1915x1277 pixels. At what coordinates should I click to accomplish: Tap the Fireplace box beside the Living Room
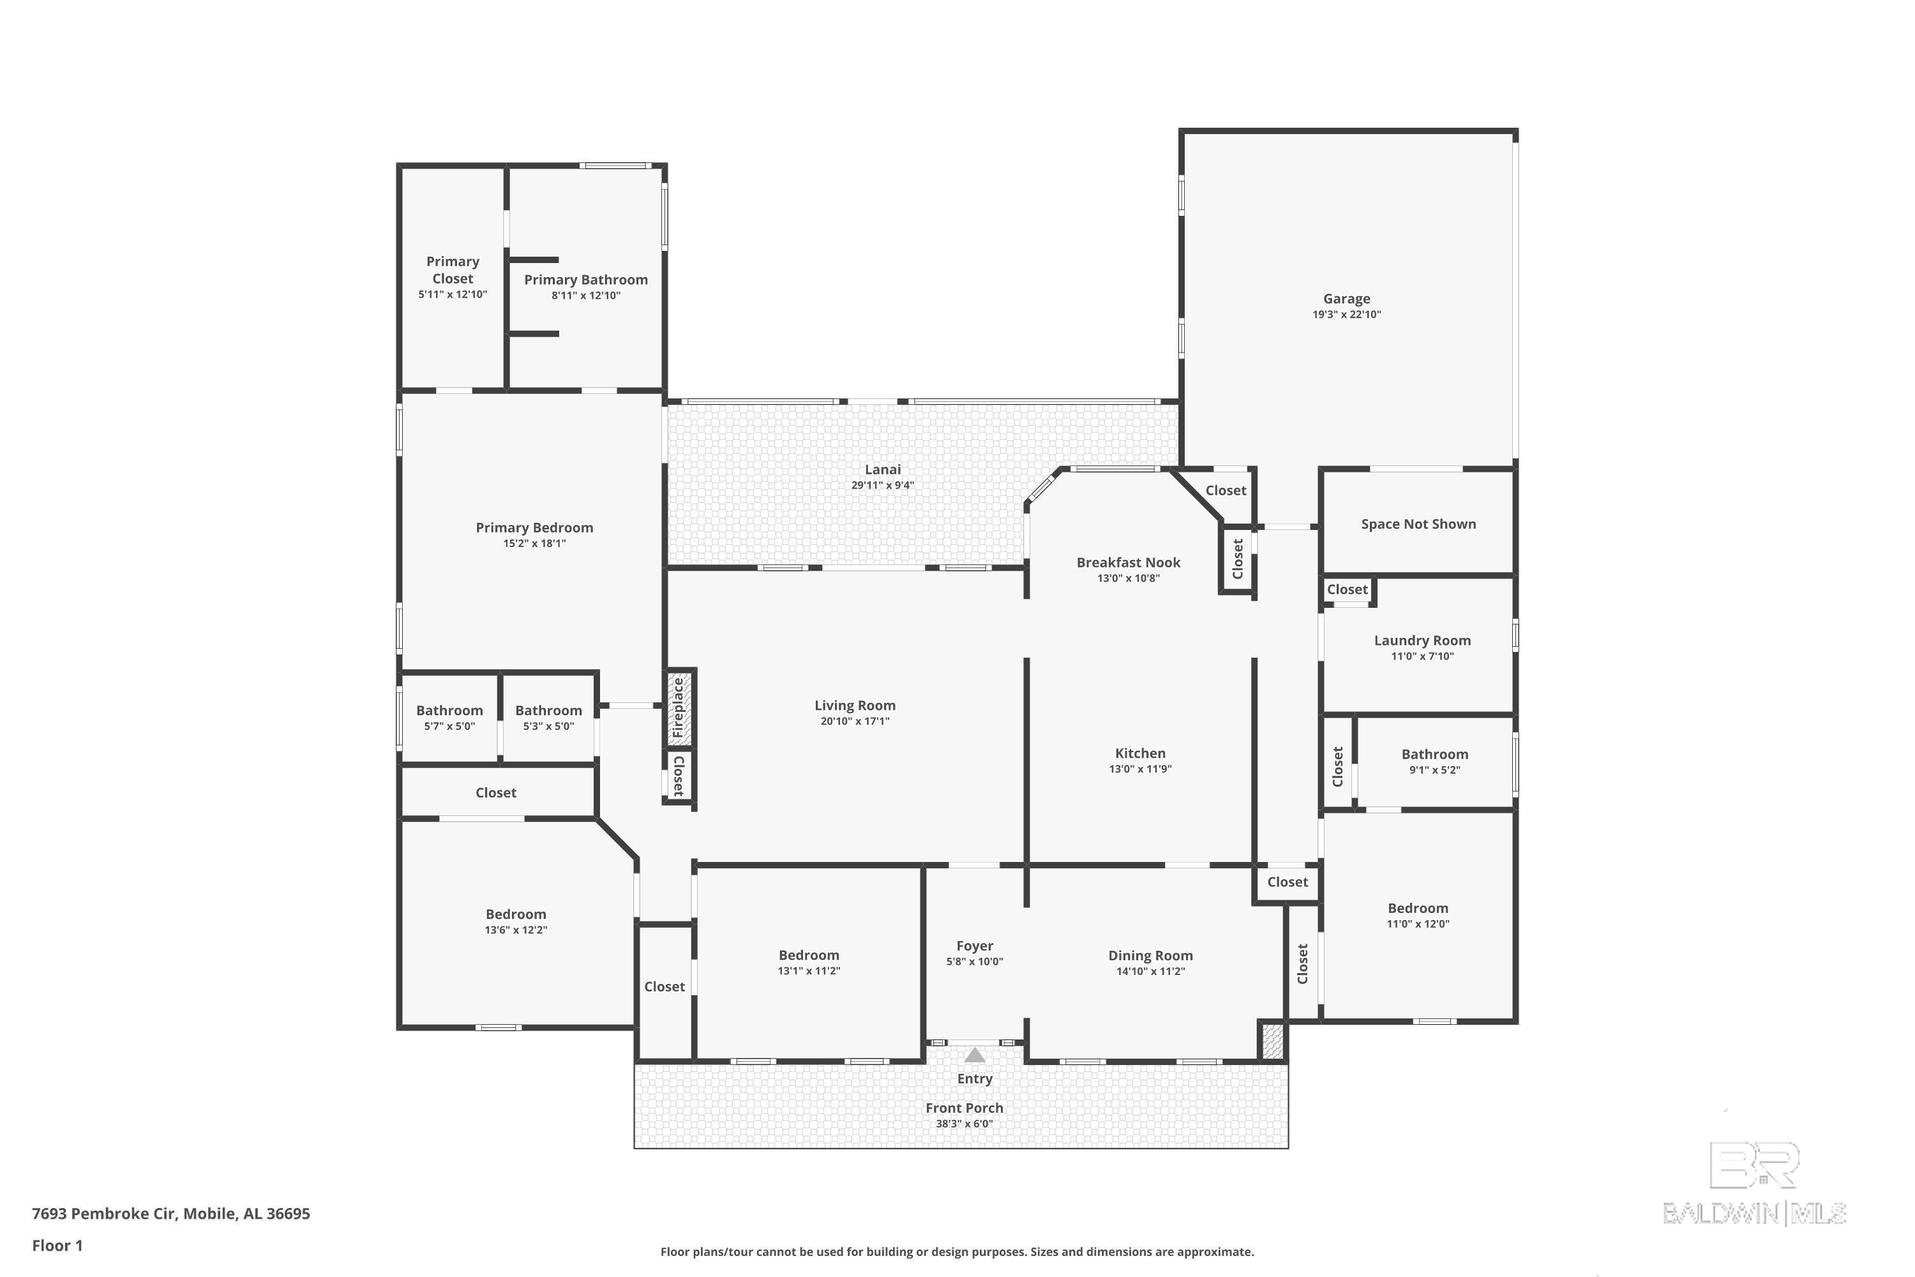pyautogui.click(x=679, y=707)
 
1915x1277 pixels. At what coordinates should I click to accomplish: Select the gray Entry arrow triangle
pyautogui.click(x=975, y=1055)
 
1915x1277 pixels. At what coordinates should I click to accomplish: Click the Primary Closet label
pyautogui.click(x=453, y=269)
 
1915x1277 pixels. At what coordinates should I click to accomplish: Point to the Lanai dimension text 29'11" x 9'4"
pyautogui.click(x=883, y=485)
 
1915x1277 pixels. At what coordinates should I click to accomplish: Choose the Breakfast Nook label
pyautogui.click(x=1128, y=562)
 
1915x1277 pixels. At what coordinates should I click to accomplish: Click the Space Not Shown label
pyautogui.click(x=1418, y=524)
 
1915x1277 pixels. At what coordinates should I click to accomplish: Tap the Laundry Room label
pyautogui.click(x=1422, y=640)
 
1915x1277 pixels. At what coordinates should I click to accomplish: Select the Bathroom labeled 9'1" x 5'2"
pyautogui.click(x=1434, y=754)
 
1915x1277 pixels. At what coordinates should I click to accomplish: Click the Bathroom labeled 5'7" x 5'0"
pyautogui.click(x=449, y=710)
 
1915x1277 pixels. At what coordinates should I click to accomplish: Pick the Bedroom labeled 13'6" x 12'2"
pyautogui.click(x=515, y=914)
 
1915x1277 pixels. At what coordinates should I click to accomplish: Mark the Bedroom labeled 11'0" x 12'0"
pyautogui.click(x=1418, y=908)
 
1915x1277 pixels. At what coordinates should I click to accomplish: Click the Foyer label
pyautogui.click(x=975, y=946)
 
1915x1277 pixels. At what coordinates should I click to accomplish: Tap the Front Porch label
pyautogui.click(x=964, y=1108)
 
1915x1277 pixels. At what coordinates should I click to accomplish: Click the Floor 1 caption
pyautogui.click(x=57, y=1245)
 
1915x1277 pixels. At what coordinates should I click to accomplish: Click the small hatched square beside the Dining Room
pyautogui.click(x=1272, y=1041)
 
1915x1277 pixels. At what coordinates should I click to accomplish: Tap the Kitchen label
pyautogui.click(x=1140, y=753)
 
